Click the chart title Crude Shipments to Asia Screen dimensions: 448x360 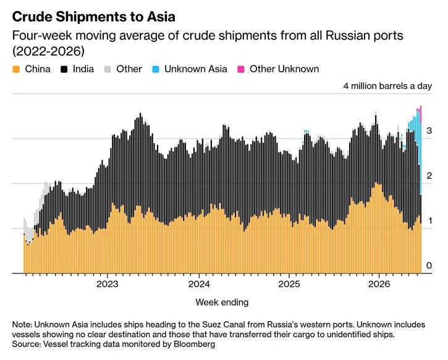point(94,17)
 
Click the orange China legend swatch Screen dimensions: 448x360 point(16,69)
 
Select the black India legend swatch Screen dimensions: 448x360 point(64,69)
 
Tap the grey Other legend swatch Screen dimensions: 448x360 point(108,69)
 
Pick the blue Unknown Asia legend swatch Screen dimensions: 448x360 point(156,69)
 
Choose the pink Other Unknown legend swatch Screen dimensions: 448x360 point(241,69)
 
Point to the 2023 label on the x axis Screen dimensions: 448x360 point(108,284)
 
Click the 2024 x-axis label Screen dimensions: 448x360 point(199,284)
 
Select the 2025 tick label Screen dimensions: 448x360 point(289,284)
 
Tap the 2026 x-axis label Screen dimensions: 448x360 point(379,284)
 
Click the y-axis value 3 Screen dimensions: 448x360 point(429,131)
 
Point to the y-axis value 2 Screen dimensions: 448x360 point(429,176)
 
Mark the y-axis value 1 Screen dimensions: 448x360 point(429,220)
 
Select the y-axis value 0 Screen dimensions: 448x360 point(429,266)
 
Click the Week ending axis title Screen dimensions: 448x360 point(222,303)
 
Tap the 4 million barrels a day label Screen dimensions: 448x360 point(387,86)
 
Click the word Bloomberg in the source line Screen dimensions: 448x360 point(194,344)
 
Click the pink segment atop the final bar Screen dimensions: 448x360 point(421,114)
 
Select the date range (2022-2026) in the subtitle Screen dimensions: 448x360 point(48,51)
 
